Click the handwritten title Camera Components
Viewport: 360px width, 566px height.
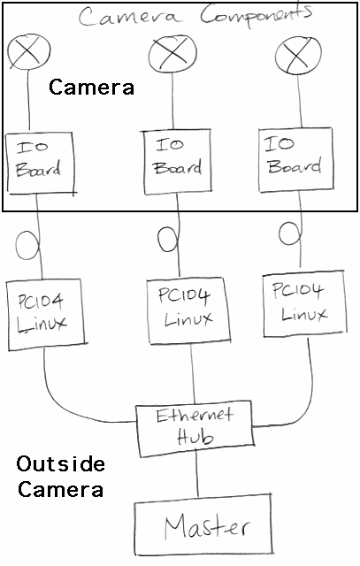tap(195, 16)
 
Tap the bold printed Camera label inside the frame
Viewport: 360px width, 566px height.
tap(91, 88)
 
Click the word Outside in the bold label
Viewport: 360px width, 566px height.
tap(61, 464)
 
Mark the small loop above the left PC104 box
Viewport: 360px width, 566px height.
tap(17, 246)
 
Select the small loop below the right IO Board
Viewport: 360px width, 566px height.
tap(280, 233)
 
